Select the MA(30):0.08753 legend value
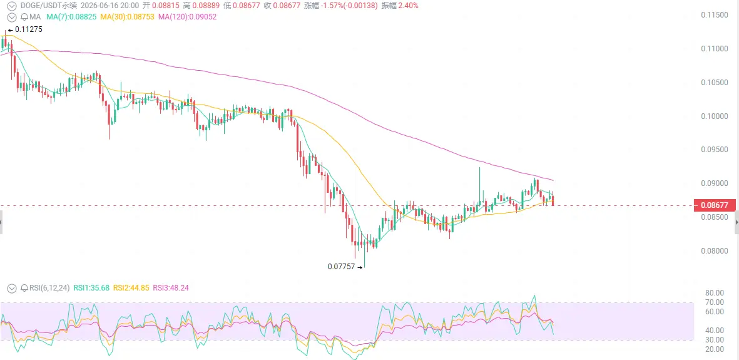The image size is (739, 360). (129, 17)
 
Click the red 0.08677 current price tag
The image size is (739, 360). (715, 206)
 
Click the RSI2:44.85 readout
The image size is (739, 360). (131, 288)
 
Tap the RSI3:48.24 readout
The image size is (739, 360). (171, 288)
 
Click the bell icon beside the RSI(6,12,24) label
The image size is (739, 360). (24, 288)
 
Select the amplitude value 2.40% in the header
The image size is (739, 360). (408, 6)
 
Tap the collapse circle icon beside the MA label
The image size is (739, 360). (13, 17)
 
